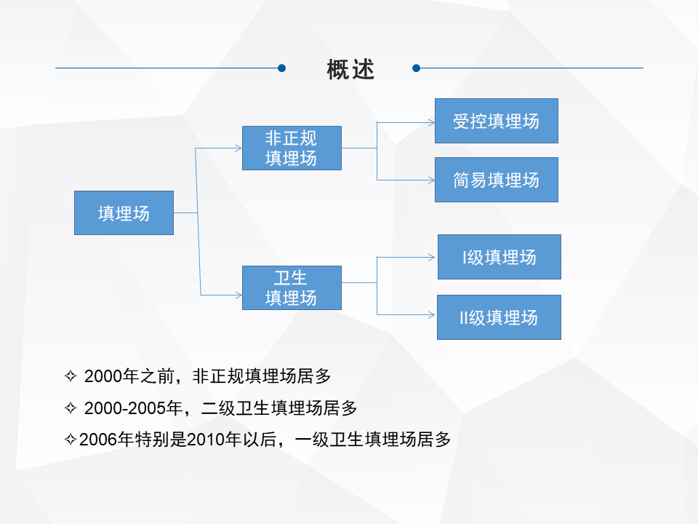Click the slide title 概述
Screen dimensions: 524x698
point(350,68)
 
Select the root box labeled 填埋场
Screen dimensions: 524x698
point(124,213)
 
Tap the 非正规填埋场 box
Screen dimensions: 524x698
point(292,148)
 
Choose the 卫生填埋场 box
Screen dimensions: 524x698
point(292,287)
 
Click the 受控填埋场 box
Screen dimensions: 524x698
point(496,121)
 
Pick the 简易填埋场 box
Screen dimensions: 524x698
point(496,180)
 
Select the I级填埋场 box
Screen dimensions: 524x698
point(499,257)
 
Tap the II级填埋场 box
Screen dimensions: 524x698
point(499,317)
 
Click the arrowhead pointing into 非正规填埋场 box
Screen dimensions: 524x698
point(238,148)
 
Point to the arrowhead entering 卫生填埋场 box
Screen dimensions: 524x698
point(238,295)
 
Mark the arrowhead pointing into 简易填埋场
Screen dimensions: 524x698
point(430,179)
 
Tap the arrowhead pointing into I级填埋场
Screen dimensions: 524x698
point(433,256)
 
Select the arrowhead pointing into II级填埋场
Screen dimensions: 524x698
point(433,314)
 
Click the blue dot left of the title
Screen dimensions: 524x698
point(282,68)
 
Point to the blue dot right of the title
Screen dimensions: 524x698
point(416,68)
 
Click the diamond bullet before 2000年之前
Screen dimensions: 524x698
point(71,376)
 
